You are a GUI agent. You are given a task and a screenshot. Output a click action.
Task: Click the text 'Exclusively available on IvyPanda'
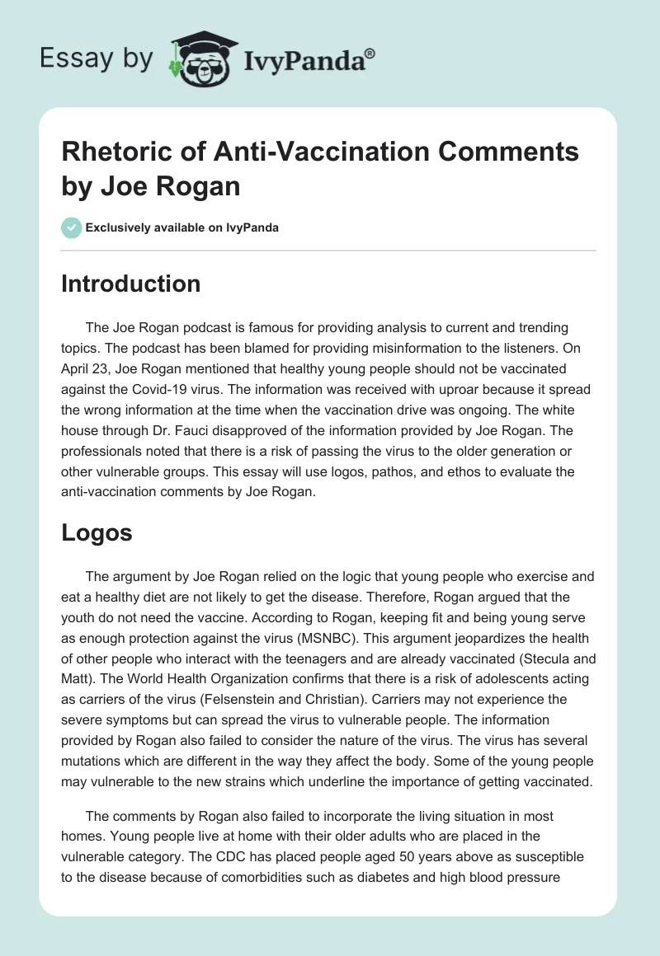point(181,227)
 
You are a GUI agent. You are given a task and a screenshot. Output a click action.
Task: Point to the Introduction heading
point(130,284)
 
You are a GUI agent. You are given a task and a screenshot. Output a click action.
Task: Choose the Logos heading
point(97,532)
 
